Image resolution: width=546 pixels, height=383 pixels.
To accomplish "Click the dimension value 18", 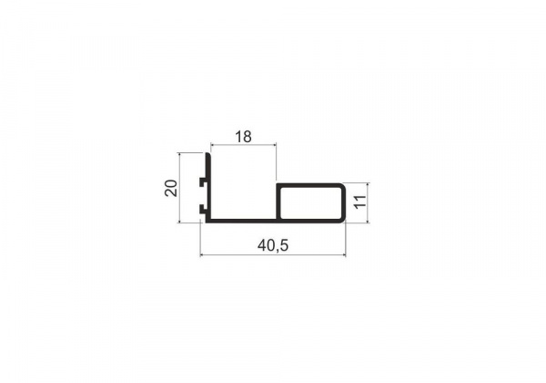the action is (243, 137).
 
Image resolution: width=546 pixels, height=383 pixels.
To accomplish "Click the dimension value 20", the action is (171, 188).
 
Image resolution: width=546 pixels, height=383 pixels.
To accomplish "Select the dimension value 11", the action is (360, 202).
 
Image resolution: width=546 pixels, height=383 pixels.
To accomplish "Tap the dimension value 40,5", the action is (273, 245).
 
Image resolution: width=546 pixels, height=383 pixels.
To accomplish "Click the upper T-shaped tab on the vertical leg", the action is (202, 181).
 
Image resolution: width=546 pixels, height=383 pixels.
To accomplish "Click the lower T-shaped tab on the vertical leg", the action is (202, 209).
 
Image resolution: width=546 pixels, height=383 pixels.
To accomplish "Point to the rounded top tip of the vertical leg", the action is (207, 154).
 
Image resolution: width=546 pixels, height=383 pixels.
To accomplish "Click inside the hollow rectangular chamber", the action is (311, 202).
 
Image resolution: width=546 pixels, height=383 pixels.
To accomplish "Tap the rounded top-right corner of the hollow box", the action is (341, 186).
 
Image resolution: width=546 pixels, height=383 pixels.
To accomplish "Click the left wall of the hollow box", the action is (278, 202).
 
